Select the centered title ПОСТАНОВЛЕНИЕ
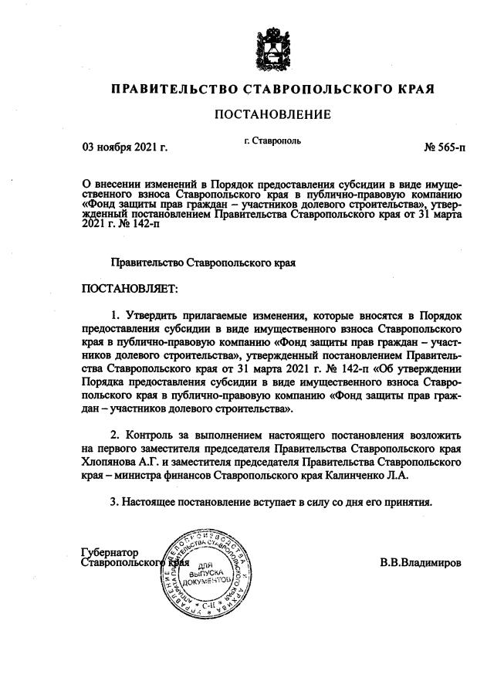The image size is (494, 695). point(272,114)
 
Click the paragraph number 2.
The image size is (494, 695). point(113,434)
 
